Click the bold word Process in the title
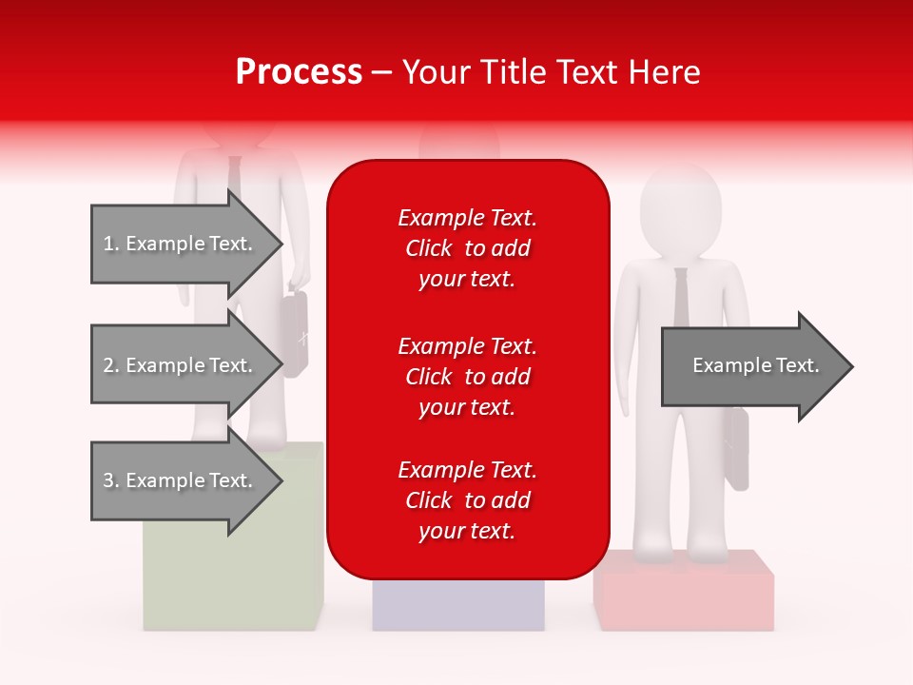coord(299,72)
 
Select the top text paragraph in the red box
coord(467,248)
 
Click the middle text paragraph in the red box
coord(467,377)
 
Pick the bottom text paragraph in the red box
coord(467,500)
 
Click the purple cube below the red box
coord(457,604)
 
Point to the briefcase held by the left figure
coord(295,333)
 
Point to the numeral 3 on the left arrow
coord(107,480)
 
